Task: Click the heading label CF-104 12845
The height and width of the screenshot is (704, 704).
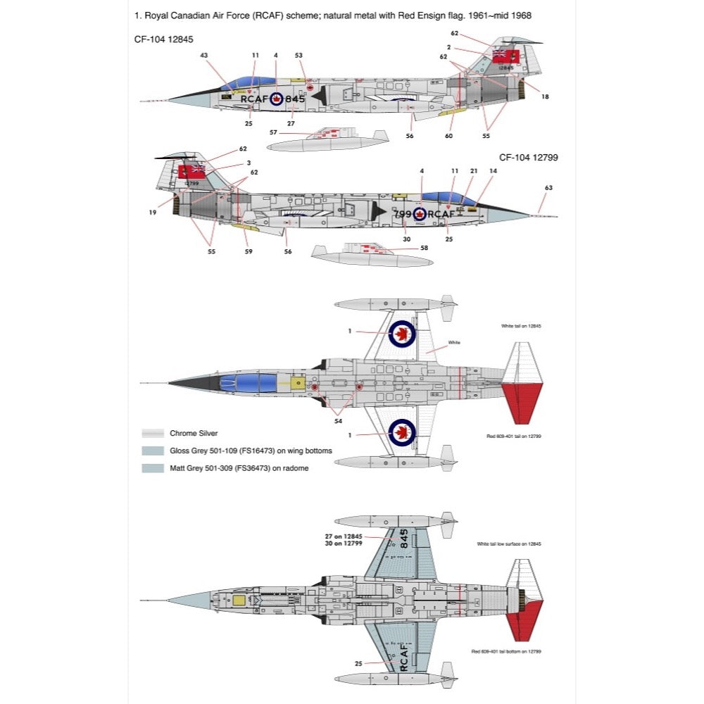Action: click(x=163, y=40)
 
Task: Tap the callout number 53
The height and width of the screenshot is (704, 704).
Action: click(x=298, y=55)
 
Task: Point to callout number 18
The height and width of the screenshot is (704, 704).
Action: click(x=545, y=96)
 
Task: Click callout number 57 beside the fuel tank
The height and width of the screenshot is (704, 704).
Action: click(x=273, y=132)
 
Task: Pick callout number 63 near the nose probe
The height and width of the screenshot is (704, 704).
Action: click(x=549, y=188)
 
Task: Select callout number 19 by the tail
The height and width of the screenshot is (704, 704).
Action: click(x=153, y=211)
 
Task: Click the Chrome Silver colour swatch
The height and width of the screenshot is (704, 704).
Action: click(x=153, y=434)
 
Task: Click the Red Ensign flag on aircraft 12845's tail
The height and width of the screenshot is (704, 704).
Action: click(x=505, y=56)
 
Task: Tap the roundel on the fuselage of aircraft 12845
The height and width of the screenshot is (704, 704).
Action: click(x=275, y=99)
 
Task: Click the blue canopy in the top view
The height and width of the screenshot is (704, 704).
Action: click(x=239, y=384)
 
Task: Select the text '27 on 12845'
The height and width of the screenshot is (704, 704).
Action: click(x=344, y=536)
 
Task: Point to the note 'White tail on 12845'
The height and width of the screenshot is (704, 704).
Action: click(x=521, y=326)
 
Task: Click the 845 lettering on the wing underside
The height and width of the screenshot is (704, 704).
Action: click(x=403, y=539)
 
